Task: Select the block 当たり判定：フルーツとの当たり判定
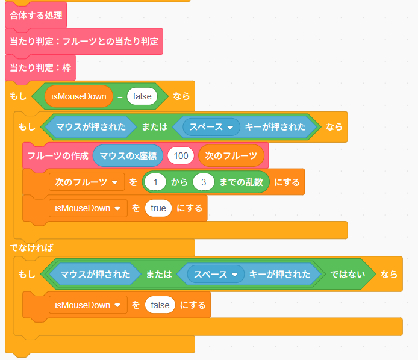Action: (x=84, y=42)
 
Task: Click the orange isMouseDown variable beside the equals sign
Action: (x=79, y=96)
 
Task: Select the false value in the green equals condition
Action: (x=142, y=96)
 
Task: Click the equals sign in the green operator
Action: (x=120, y=96)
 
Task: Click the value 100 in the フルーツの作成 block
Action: (x=181, y=156)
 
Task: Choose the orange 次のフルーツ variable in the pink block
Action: (x=231, y=156)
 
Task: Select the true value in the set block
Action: (x=158, y=208)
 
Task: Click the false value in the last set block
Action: (x=160, y=305)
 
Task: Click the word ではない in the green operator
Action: (x=348, y=274)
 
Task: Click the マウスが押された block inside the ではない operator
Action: (x=95, y=274)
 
